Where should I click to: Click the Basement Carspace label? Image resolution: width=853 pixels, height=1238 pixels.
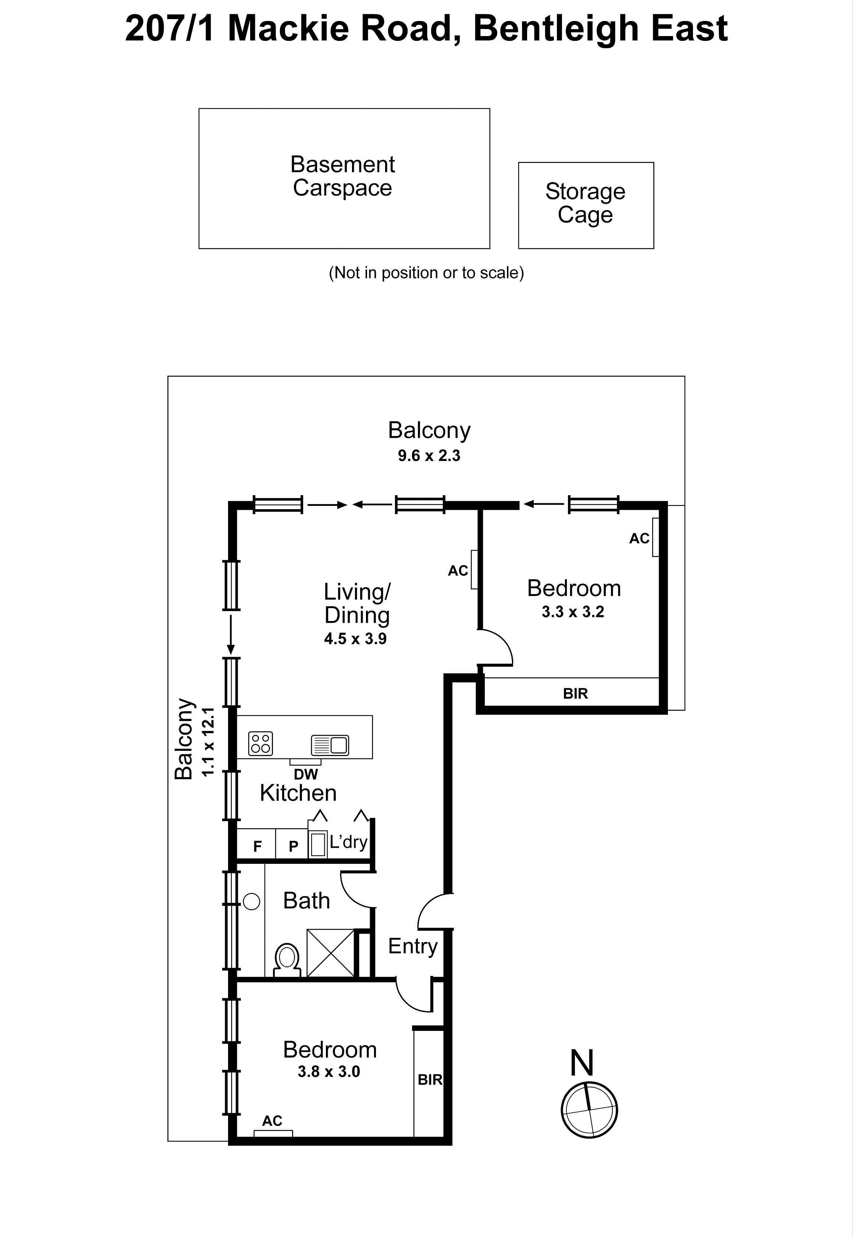pyautogui.click(x=342, y=176)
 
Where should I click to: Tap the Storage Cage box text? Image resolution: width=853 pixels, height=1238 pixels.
pyautogui.click(x=585, y=203)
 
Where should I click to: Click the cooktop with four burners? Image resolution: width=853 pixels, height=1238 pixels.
pyautogui.click(x=260, y=743)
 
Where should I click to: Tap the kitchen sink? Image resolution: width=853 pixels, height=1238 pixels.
pyautogui.click(x=330, y=745)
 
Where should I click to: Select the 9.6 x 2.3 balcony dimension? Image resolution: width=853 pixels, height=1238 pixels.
pyautogui.click(x=429, y=456)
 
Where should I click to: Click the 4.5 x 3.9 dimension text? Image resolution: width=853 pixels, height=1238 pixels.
pyautogui.click(x=355, y=639)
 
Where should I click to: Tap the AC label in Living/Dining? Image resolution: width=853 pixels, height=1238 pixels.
pyautogui.click(x=458, y=571)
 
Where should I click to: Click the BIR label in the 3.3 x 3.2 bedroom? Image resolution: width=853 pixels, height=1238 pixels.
pyautogui.click(x=575, y=694)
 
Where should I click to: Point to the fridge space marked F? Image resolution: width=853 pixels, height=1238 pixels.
pyautogui.click(x=257, y=846)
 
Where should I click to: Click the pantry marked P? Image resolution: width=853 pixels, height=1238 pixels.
pyautogui.click(x=293, y=846)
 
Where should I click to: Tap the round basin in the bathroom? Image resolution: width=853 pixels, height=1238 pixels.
pyautogui.click(x=251, y=902)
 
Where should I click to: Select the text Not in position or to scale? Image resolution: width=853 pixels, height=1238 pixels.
pyautogui.click(x=426, y=273)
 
